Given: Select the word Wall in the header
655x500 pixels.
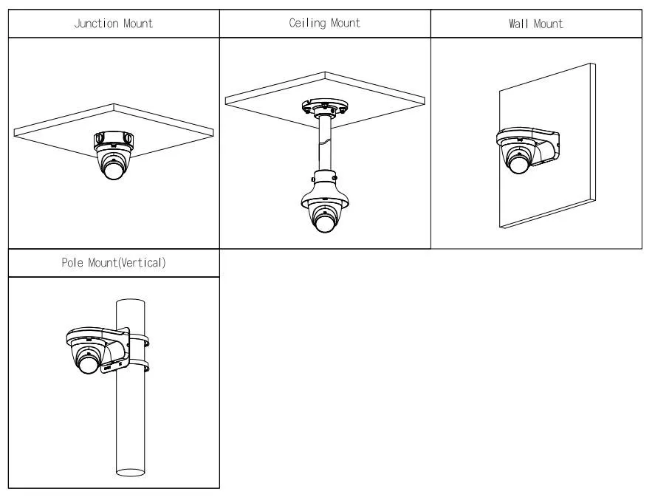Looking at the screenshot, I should point(519,24).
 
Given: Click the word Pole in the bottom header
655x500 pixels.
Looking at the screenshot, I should point(72,263).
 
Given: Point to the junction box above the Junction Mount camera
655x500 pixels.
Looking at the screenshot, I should point(113,138).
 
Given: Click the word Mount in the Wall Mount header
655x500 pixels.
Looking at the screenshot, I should point(548,24).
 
